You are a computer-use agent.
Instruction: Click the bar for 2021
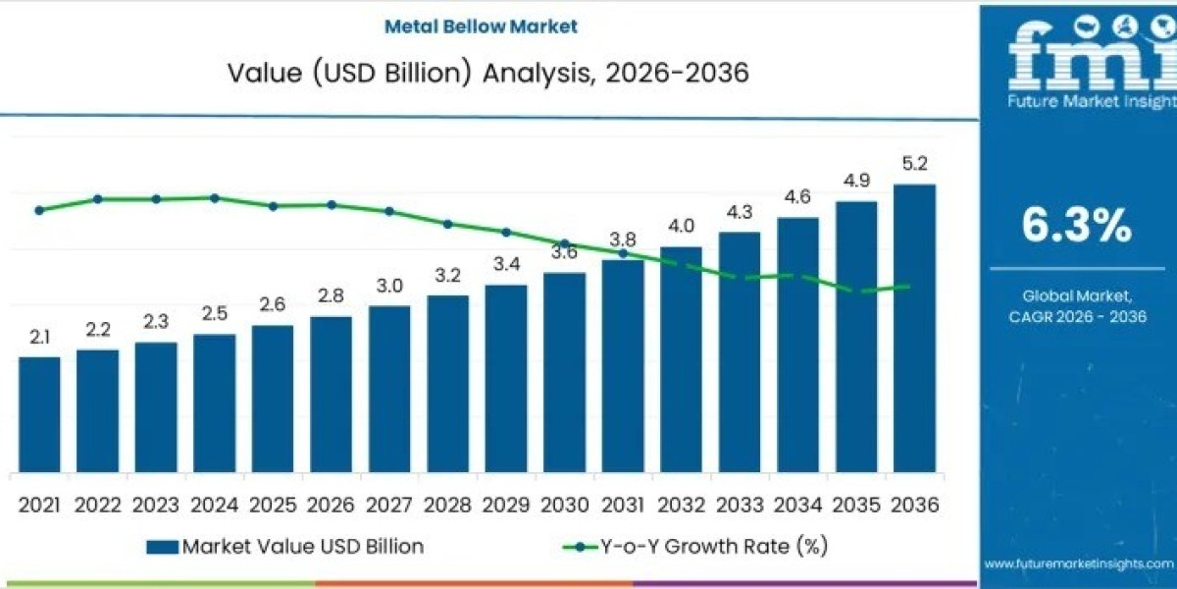coord(39,414)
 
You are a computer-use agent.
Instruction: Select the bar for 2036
coord(914,328)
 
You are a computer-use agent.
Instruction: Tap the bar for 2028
coord(447,383)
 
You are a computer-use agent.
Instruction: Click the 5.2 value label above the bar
coord(914,164)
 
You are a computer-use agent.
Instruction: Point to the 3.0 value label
coord(389,286)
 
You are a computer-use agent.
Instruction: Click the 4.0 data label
coord(681,227)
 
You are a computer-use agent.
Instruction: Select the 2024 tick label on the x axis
coord(214,505)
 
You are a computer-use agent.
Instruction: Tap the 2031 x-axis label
coord(622,505)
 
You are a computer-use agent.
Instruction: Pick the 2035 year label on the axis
coord(855,505)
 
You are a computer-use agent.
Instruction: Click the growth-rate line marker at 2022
coord(97,199)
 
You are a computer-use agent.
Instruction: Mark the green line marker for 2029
coord(506,233)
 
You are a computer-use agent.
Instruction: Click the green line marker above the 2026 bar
coord(332,205)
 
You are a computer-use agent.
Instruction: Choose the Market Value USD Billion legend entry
coord(285,547)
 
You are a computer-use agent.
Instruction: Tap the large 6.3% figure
coord(1076,226)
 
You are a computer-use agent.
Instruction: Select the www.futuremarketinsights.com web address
coord(1078,563)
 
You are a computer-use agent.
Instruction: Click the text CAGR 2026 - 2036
coord(1076,316)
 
